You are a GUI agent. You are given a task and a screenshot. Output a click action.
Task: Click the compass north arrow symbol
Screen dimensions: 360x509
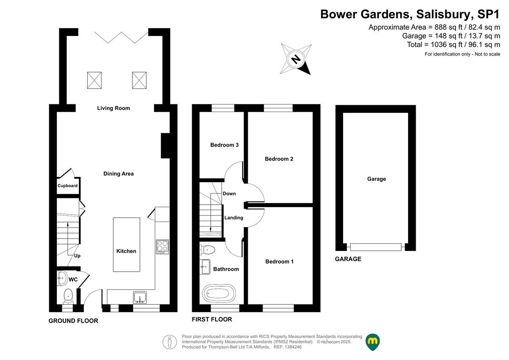[296, 59]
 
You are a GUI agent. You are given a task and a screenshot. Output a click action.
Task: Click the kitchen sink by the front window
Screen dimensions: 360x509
[140, 297]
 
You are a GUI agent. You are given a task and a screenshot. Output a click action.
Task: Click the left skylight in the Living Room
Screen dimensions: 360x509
[95, 80]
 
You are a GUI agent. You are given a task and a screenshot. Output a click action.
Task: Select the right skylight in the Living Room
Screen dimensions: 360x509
[139, 80]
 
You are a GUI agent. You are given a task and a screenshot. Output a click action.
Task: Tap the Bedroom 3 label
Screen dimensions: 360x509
[224, 145]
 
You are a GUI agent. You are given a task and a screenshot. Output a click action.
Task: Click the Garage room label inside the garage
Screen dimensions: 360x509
[376, 179]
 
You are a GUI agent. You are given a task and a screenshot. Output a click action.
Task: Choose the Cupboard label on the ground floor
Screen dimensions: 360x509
[68, 186]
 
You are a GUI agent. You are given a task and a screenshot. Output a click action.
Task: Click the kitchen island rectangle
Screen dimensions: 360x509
[126, 244]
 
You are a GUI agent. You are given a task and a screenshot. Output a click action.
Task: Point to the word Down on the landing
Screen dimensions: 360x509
[229, 194]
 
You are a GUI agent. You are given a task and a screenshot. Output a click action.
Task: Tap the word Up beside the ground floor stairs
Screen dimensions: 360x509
[77, 256]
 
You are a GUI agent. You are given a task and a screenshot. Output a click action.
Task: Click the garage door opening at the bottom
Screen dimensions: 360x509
[376, 247]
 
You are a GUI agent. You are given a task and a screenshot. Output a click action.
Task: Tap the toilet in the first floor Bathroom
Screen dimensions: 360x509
[208, 249]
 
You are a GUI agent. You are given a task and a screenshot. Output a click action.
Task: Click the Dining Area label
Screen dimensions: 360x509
[118, 174]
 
